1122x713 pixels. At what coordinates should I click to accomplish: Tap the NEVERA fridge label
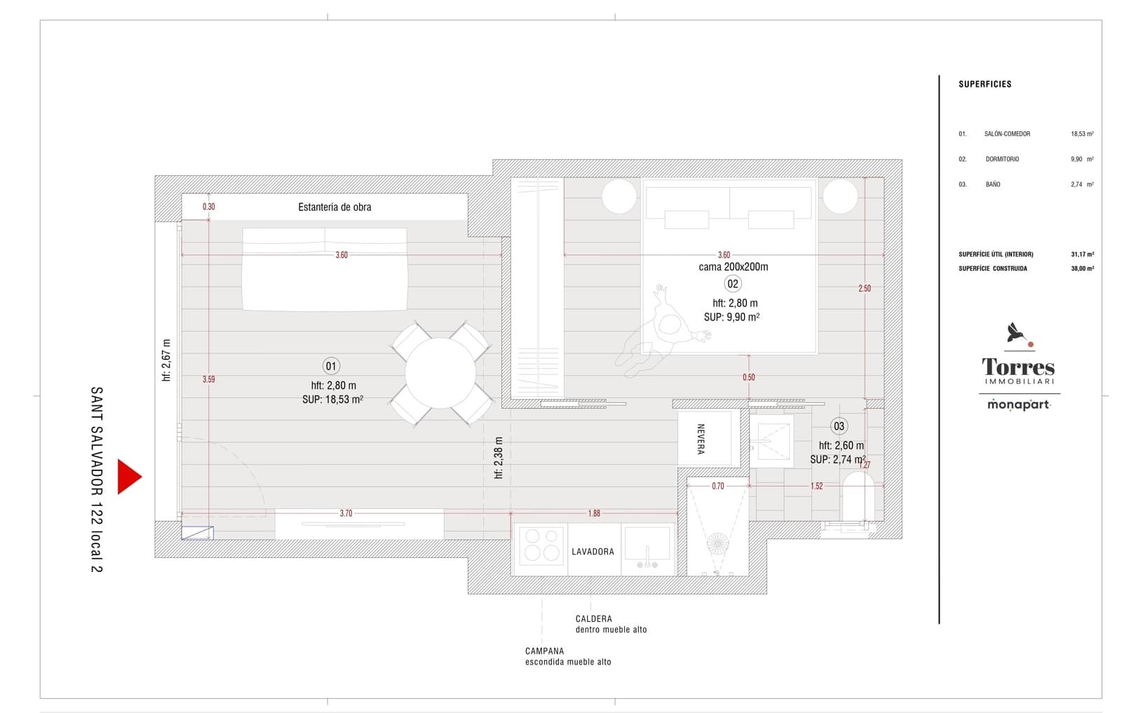(700, 439)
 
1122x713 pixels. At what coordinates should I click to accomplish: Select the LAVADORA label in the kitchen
(593, 552)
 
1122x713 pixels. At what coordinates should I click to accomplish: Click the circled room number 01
(331, 366)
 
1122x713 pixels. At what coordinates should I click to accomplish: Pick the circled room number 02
(733, 284)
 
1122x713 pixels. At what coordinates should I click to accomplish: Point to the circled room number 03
(839, 426)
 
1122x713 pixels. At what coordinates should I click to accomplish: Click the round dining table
(440, 373)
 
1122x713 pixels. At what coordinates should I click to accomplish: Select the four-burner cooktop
(541, 545)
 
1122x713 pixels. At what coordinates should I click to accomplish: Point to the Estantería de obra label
(334, 207)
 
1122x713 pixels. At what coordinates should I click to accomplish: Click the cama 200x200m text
(734, 267)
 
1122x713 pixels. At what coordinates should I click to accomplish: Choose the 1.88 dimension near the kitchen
(594, 513)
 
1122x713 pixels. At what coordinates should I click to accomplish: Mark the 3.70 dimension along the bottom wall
(346, 513)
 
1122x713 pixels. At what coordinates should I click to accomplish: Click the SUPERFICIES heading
(985, 84)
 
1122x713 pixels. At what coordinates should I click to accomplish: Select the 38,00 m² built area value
(1082, 269)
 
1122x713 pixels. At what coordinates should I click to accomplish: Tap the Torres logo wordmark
(1018, 367)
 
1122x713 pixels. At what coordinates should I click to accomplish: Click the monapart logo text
(1018, 405)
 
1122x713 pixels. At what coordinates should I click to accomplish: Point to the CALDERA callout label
(593, 619)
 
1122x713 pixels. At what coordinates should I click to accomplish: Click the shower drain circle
(717, 543)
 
